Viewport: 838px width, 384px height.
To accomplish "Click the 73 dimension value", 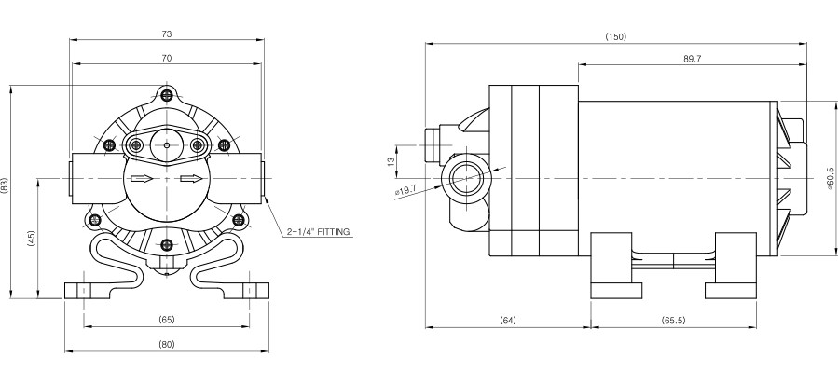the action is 167,34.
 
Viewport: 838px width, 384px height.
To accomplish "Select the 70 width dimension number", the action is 167,58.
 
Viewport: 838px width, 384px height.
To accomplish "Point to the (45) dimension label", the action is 31,240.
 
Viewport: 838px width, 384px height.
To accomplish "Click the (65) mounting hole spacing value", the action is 167,320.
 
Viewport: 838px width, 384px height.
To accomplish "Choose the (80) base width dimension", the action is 167,345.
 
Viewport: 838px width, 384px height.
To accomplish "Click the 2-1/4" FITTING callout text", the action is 318,232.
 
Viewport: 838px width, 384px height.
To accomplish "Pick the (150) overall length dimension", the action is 615,37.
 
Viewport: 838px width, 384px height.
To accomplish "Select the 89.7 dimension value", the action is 692,59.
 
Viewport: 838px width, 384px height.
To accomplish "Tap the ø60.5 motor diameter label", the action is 830,177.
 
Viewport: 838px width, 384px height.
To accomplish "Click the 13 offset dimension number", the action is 391,160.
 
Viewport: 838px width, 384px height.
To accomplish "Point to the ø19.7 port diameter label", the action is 406,188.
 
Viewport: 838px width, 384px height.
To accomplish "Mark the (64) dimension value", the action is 508,321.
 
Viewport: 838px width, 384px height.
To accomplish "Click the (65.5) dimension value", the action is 673,321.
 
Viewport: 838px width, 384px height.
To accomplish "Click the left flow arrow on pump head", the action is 142,178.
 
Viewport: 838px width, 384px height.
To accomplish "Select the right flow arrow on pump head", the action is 191,178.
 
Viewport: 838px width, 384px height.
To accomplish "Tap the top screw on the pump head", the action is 167,95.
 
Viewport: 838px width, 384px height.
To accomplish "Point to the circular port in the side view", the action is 467,178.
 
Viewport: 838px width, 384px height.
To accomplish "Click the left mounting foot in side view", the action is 615,266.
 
